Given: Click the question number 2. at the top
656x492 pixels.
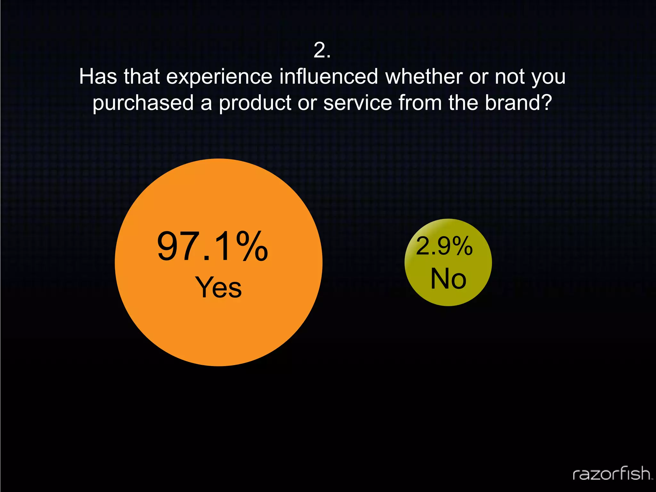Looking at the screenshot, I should (x=322, y=51).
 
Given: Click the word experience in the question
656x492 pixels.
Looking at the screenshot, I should (x=219, y=77).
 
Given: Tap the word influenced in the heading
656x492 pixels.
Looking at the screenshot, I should (x=329, y=77).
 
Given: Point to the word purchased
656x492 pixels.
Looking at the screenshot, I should (x=143, y=103).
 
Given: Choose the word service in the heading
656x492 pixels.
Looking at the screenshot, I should (x=357, y=103).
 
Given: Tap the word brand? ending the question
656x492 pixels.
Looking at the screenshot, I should (x=518, y=103).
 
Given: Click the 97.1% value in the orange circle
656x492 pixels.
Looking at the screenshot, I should (x=212, y=247).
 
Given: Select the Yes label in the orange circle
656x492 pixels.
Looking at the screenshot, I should (x=218, y=287).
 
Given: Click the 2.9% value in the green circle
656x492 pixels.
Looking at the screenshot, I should (x=444, y=246).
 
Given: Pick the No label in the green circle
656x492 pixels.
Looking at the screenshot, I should (x=448, y=279).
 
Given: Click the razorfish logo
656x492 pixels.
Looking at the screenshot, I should (x=612, y=474).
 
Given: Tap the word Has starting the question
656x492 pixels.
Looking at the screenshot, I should (x=98, y=77).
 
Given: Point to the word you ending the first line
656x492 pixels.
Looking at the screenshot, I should (x=548, y=77).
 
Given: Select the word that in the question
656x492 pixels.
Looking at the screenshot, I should (x=142, y=77).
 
